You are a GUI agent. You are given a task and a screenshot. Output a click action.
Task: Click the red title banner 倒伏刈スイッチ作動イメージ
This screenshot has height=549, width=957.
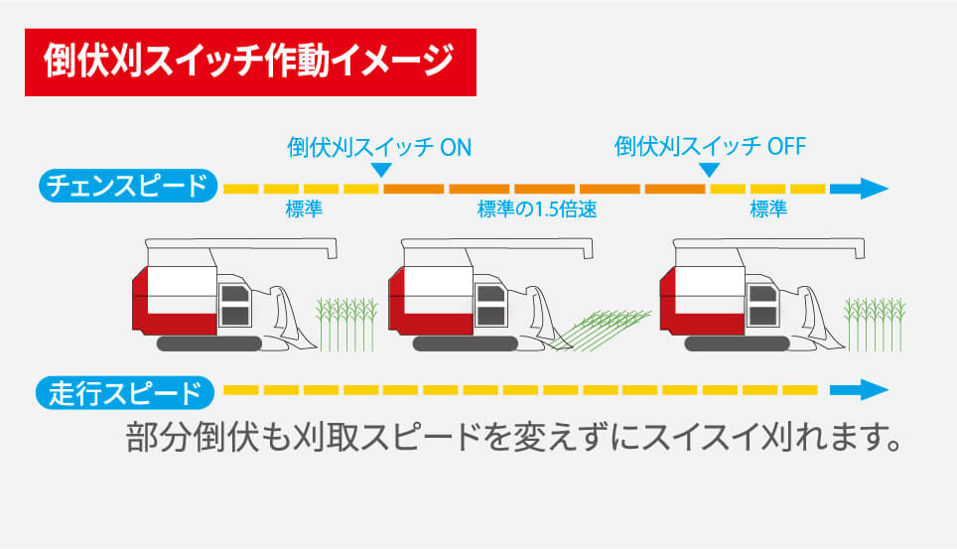coord(250,63)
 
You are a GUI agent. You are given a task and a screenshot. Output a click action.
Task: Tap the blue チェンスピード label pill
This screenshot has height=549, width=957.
coord(127,186)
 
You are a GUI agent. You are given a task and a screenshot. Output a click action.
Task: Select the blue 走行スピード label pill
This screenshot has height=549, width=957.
coord(127,393)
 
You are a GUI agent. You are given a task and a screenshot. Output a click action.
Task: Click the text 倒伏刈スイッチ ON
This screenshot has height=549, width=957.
coord(378,147)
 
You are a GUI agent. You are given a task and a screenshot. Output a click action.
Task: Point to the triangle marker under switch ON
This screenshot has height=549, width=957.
coord(378,172)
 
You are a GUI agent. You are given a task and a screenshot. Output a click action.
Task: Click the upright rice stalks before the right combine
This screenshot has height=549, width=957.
coord(875,322)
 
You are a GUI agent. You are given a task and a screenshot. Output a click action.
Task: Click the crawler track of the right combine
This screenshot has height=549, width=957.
coord(740,343)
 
